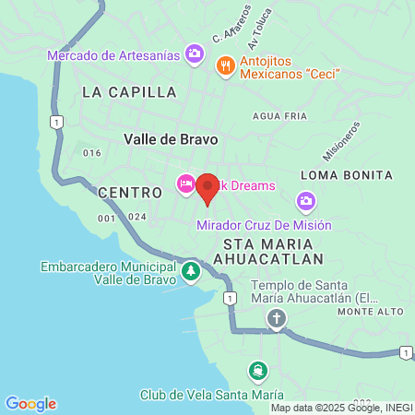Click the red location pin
[x=207, y=188]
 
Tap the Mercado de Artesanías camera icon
[x=195, y=54]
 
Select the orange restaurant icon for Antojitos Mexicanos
[x=224, y=65]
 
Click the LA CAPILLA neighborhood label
[x=129, y=92]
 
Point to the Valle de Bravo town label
[x=171, y=139]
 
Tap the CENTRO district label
[x=130, y=191]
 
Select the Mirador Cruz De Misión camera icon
[x=306, y=201]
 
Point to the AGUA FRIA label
[x=279, y=116]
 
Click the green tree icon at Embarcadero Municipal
[x=190, y=271]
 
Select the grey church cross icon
[x=276, y=319]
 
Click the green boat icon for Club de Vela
[x=258, y=372]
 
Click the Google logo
[x=30, y=404]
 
